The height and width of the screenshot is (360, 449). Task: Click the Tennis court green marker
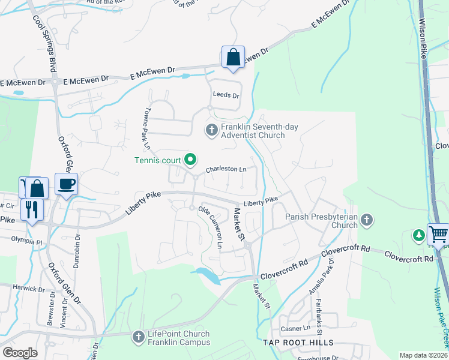190,159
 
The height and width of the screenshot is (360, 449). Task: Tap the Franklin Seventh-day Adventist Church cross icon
211,130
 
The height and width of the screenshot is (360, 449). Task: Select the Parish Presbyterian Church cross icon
367,221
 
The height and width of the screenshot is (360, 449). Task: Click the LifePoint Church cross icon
138,338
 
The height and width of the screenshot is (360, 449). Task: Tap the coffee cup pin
66,184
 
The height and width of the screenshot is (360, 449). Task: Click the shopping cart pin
438,233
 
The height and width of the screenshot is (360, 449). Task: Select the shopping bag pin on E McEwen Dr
233,58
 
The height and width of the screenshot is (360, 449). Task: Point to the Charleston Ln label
226,170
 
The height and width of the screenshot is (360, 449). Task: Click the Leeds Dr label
226,95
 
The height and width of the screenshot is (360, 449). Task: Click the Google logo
20,352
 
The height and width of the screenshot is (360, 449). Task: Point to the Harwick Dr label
28,289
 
